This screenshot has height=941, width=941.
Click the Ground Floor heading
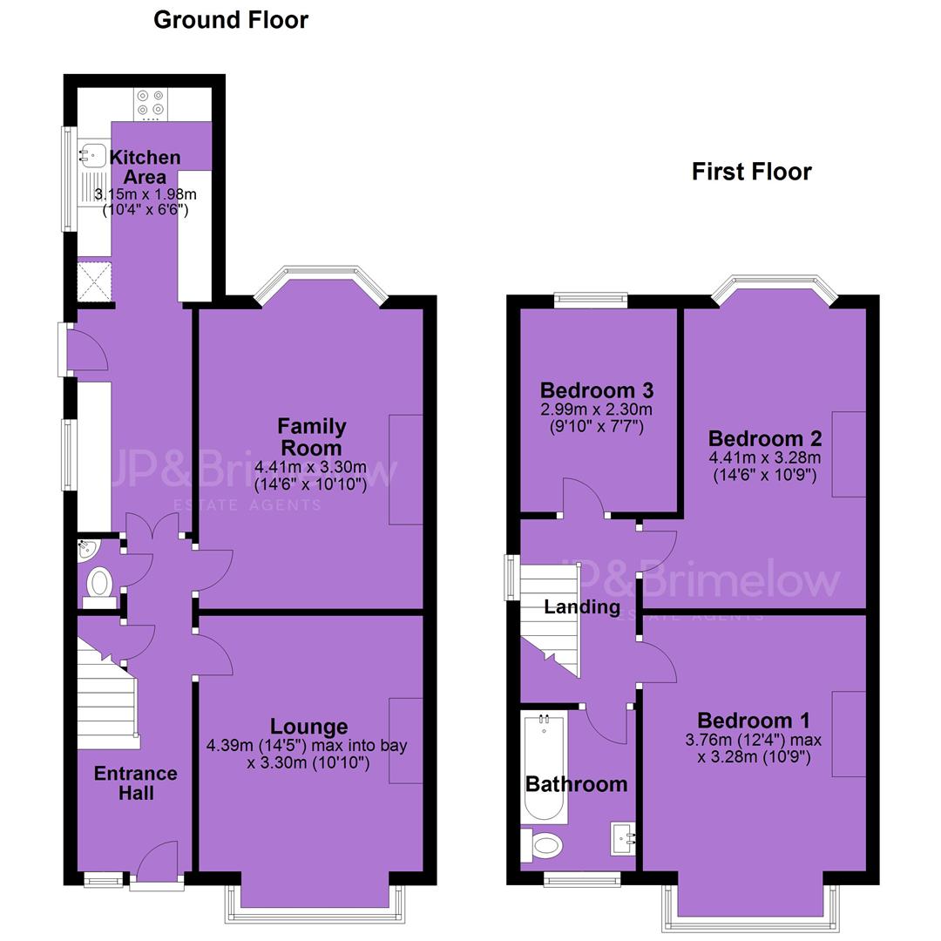pyautogui.click(x=230, y=20)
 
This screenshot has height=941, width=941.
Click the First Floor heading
pyautogui.click(x=751, y=172)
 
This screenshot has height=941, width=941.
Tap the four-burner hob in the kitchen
pyautogui.click(x=151, y=103)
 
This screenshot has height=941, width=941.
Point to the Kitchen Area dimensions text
pyautogui.click(x=146, y=202)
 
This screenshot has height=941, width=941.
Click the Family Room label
pyautogui.click(x=311, y=437)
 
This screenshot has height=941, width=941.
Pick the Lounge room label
pyautogui.click(x=308, y=726)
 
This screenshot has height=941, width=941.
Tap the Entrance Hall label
pyautogui.click(x=136, y=783)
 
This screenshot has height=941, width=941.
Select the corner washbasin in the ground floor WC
pyautogui.click(x=87, y=549)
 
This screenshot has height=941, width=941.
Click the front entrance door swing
pyautogui.click(x=157, y=860)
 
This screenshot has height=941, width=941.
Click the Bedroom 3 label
pyautogui.click(x=597, y=390)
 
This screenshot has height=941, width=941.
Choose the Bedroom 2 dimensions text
pyautogui.click(x=765, y=466)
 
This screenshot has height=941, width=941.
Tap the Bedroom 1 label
pyautogui.click(x=753, y=721)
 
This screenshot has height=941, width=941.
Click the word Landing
pyautogui.click(x=582, y=607)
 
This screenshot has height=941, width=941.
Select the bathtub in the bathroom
pyautogui.click(x=545, y=768)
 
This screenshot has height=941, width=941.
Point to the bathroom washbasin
pyautogui.click(x=623, y=838)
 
